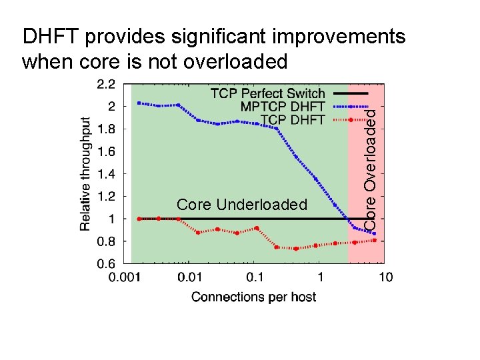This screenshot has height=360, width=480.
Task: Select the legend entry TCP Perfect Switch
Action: [x=267, y=93]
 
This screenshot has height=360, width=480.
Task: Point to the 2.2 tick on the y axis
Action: [x=106, y=83]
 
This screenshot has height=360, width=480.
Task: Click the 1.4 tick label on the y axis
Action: [x=106, y=173]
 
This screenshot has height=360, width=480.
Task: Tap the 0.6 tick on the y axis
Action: [x=106, y=263]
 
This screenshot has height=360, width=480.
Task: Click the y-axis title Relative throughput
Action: [x=86, y=175]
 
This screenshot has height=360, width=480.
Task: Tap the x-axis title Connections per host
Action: [x=254, y=297]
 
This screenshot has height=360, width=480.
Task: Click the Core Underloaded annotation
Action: [x=242, y=205]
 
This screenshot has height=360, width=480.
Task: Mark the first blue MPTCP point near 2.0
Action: [x=139, y=103]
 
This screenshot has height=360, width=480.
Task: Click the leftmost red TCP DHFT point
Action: [x=139, y=219]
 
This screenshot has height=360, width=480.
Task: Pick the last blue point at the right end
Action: [x=375, y=233]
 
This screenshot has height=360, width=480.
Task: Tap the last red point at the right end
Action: [x=375, y=241]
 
